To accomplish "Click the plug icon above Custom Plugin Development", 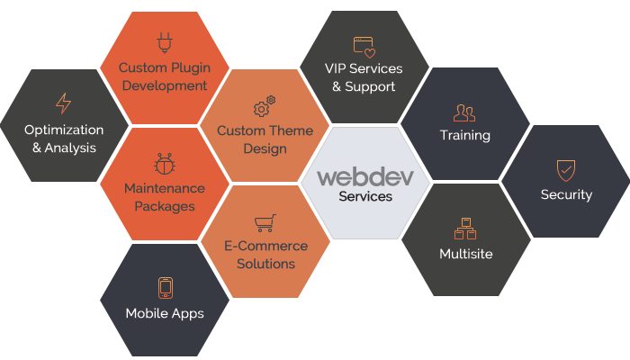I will (x=164, y=41).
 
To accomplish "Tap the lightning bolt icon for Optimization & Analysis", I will (x=63, y=103).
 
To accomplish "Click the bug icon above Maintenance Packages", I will (x=164, y=163).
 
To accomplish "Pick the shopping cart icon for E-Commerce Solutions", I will (x=265, y=221).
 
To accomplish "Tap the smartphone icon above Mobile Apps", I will (x=165, y=287).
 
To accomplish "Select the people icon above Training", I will (x=464, y=112).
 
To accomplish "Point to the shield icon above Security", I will (x=566, y=169).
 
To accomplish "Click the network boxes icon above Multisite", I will (x=465, y=228).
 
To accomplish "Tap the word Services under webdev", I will (x=365, y=195).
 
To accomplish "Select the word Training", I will (x=465, y=136).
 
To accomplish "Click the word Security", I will (x=566, y=194).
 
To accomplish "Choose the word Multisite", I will (x=465, y=254).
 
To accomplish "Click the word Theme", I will (x=287, y=130).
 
